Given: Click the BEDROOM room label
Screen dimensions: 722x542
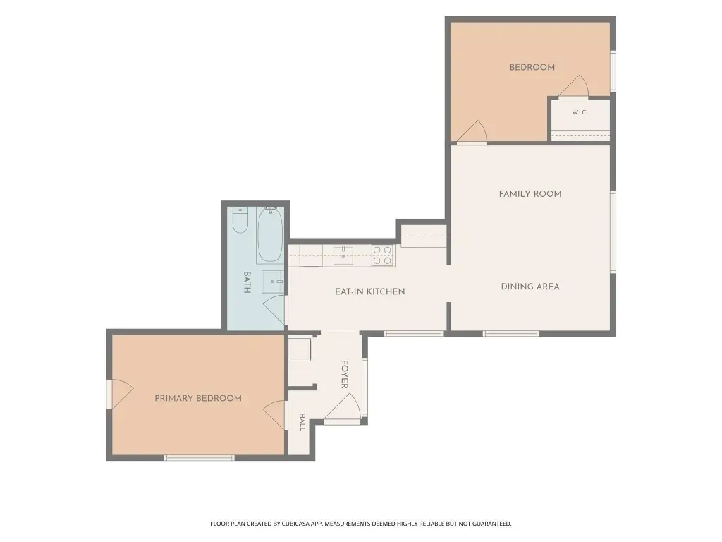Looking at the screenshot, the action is (x=532, y=67).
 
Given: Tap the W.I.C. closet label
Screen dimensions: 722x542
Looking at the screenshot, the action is (x=580, y=112).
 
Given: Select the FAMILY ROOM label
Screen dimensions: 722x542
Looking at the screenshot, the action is (x=530, y=194).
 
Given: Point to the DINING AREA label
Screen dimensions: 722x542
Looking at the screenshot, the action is (x=530, y=287).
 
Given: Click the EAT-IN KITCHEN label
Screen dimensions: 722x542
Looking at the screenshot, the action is (x=369, y=291).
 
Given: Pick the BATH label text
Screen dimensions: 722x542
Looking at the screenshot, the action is (x=247, y=282).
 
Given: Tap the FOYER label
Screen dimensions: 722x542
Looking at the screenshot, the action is (x=344, y=374).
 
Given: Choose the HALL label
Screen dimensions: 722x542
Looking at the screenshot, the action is (x=302, y=422).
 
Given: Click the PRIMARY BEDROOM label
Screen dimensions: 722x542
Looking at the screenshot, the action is (x=198, y=398).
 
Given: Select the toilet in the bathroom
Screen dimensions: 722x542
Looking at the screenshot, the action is (x=240, y=220).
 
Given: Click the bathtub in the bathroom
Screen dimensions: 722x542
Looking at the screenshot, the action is (x=270, y=235).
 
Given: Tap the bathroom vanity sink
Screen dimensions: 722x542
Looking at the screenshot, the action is (x=272, y=282).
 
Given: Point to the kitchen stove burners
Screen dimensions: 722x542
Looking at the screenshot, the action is (x=382, y=255).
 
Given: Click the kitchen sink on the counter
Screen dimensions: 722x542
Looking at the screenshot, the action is (x=343, y=255).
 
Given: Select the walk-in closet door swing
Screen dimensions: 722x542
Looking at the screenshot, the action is (x=574, y=88).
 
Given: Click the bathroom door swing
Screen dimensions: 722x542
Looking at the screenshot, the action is (x=275, y=310).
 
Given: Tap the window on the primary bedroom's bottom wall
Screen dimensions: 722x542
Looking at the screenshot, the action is (x=200, y=457).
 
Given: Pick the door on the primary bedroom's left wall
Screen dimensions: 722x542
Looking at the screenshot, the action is (x=120, y=394).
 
